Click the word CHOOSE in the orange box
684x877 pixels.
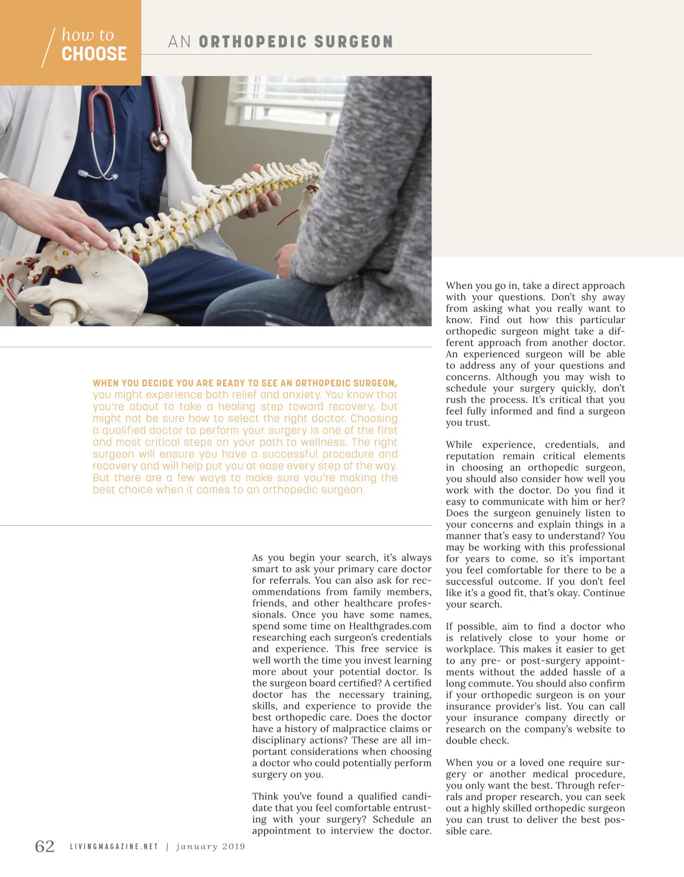tap(94, 54)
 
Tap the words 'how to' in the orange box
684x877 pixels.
tap(87, 35)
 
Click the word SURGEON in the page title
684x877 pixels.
tap(353, 42)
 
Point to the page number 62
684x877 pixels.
tap(45, 846)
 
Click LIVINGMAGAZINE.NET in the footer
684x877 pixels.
tap(114, 847)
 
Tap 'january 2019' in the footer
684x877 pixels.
tap(211, 847)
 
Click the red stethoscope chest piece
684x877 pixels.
tap(162, 139)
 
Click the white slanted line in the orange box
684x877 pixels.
tap(48, 47)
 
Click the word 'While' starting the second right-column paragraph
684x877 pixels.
tap(459, 445)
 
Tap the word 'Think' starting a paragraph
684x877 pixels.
tap(266, 797)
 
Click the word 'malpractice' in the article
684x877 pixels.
tap(390, 729)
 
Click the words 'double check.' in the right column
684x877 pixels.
tap(477, 741)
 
